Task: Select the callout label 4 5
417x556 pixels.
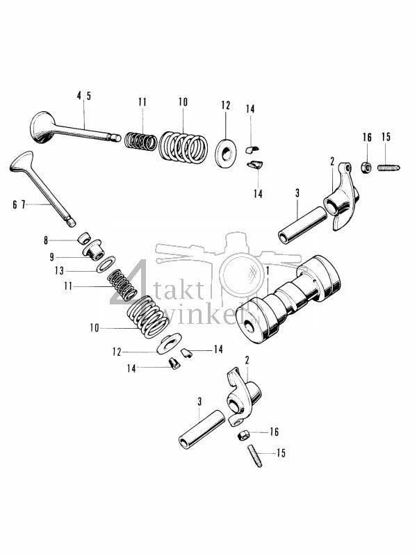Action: (83, 96)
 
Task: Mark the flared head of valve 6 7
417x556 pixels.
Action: (23, 164)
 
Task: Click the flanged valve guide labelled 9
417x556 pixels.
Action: (92, 250)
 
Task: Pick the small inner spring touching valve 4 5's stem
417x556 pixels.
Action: (141, 141)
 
